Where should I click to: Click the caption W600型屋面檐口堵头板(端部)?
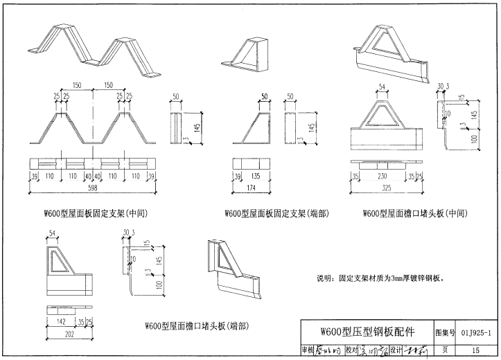tap(196, 325)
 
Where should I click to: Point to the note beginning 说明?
tap(380, 278)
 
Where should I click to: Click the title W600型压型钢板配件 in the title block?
tap(367, 331)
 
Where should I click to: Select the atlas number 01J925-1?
tap(475, 332)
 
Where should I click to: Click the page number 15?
tap(475, 350)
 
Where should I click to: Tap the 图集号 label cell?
tap(444, 332)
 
